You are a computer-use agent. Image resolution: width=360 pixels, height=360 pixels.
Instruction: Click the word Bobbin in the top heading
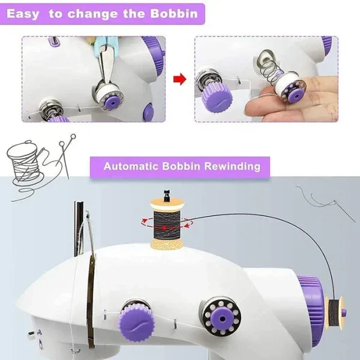point(174,13)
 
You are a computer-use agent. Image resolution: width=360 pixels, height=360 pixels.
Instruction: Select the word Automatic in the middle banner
point(131,166)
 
